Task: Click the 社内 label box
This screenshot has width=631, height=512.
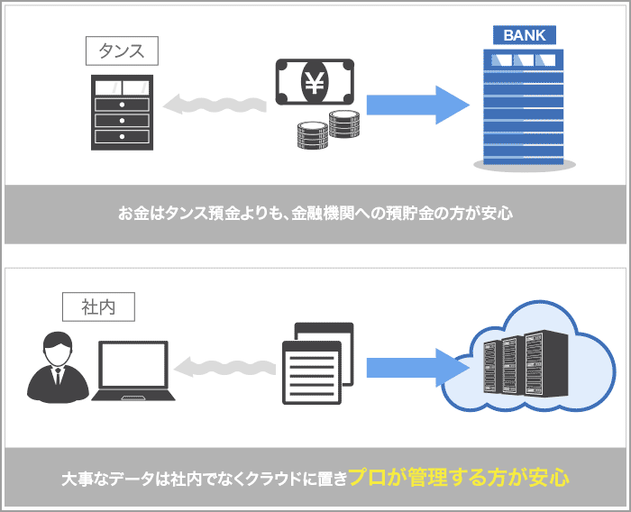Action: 98,306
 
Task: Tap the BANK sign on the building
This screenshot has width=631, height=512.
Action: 524,36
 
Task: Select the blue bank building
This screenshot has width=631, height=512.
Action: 524,108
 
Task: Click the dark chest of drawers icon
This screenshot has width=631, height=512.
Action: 122,112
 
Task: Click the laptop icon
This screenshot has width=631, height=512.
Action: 134,372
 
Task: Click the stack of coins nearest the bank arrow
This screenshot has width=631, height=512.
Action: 344,124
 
